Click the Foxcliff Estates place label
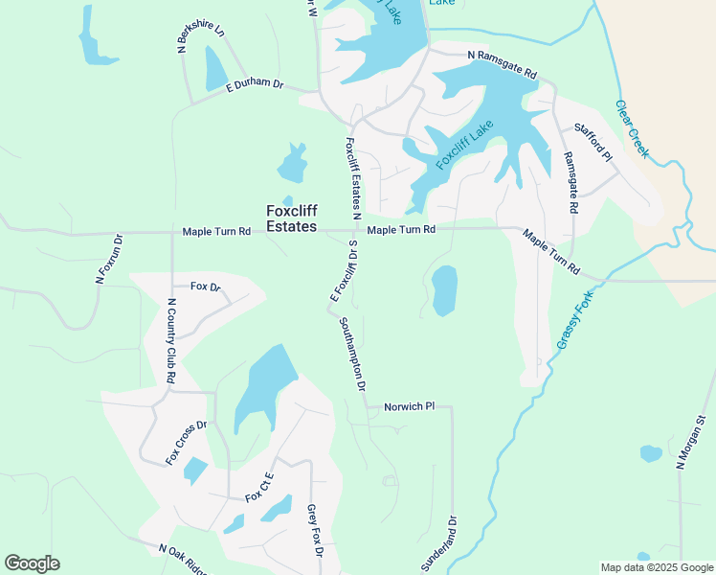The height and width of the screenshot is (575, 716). pos(291,218)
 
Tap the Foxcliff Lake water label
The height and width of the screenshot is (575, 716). pos(465,145)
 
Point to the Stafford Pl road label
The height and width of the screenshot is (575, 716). pos(593,141)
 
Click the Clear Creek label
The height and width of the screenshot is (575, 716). pos(633,128)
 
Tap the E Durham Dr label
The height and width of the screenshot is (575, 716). pos(256,85)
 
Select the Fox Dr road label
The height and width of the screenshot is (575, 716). pos(205,287)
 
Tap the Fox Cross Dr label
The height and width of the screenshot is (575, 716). pos(187,443)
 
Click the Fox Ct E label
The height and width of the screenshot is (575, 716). pos(259,489)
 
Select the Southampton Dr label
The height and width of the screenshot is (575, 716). pos(352,356)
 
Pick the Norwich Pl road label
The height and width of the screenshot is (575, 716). pos(409,406)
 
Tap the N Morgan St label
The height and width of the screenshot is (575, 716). pos(690,442)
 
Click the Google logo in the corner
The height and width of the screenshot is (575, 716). pos(32,563)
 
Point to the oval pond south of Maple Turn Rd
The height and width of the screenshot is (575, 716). pos(444,291)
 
